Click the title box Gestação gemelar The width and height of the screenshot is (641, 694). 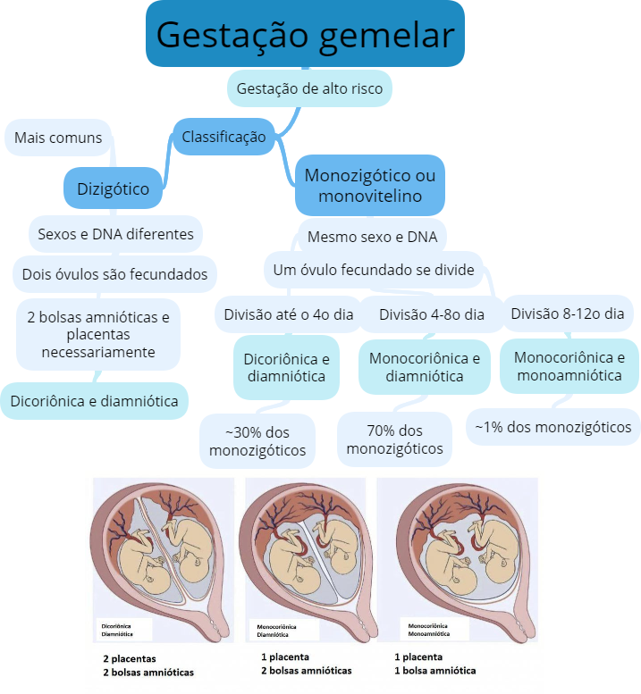pyautogui.click(x=305, y=34)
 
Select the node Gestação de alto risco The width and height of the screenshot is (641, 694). pyautogui.click(x=309, y=88)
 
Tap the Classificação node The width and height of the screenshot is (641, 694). pyautogui.click(x=224, y=137)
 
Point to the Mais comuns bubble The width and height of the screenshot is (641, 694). pyautogui.click(x=59, y=138)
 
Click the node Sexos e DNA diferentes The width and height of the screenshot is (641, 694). pyautogui.click(x=115, y=234)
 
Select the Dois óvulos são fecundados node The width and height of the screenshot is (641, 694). pyautogui.click(x=114, y=274)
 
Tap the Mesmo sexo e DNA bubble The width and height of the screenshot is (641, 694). pyautogui.click(x=372, y=237)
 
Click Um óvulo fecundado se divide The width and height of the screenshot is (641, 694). pyautogui.click(x=373, y=269)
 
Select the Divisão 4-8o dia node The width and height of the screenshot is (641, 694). pyautogui.click(x=431, y=314)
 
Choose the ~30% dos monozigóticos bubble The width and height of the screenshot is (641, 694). pyautogui.click(x=257, y=441)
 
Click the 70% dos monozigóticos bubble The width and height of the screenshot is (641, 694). pyautogui.click(x=394, y=440)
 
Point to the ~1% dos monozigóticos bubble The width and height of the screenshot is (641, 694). pyautogui.click(x=552, y=427)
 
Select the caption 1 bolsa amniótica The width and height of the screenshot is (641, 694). pyautogui.click(x=434, y=671)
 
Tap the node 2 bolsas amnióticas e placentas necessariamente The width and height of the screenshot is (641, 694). pyautogui.click(x=98, y=334)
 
